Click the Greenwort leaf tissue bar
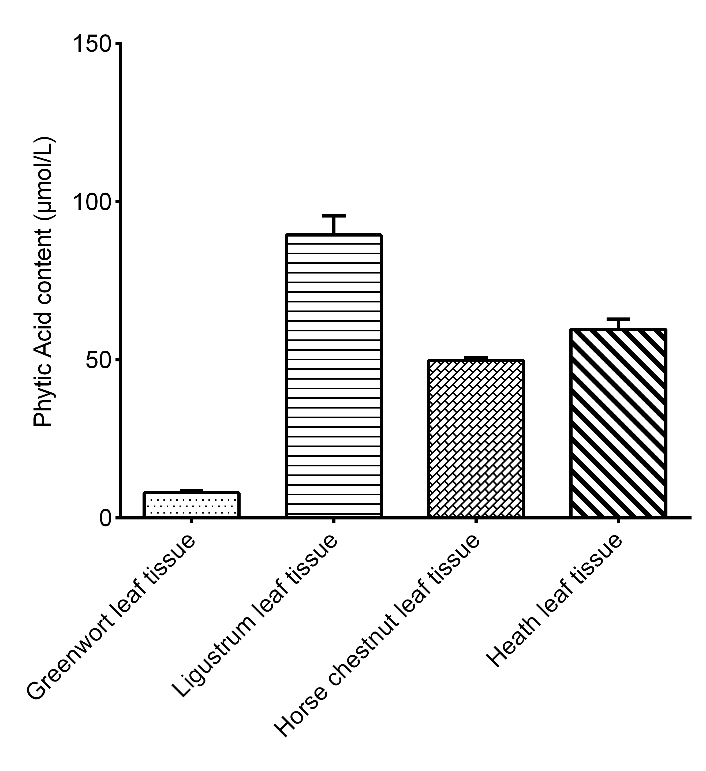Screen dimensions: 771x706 [x=191, y=504]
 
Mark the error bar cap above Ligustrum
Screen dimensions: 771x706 [x=334, y=216]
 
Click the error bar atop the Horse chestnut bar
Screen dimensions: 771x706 [x=476, y=358]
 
